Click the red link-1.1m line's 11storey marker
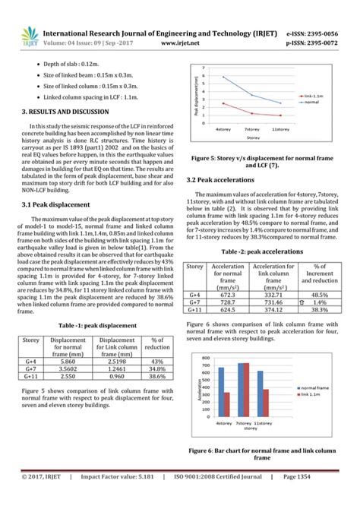click(280, 116)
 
